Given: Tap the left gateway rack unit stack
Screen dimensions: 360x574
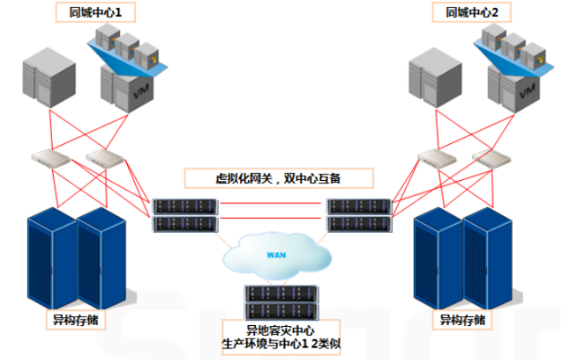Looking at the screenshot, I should click(184, 216).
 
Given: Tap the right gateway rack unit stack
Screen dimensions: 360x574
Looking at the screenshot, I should click(359, 216).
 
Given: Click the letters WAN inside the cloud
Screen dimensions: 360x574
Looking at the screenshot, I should click(277, 254).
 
